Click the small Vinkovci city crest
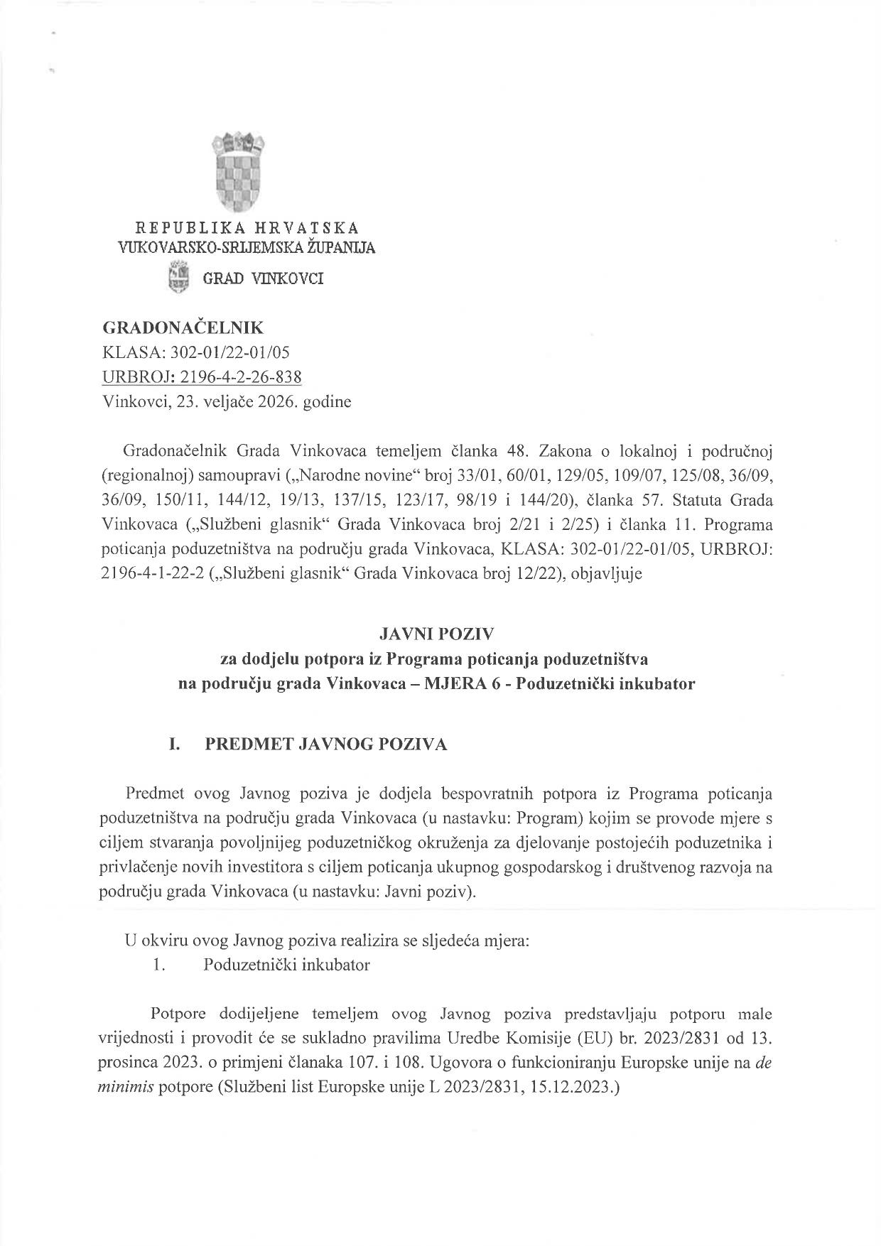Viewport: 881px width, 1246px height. (x=180, y=277)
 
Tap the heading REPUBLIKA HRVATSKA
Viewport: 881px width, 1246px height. (x=247, y=228)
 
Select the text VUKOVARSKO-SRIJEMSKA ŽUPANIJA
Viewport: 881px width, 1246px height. (x=247, y=248)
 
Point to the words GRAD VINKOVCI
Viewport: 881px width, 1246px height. (x=263, y=278)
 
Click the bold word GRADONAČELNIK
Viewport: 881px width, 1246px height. (x=183, y=327)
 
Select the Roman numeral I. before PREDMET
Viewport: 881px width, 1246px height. (x=173, y=744)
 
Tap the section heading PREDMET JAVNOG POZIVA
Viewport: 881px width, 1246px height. (x=326, y=744)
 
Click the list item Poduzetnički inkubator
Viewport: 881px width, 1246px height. (x=286, y=965)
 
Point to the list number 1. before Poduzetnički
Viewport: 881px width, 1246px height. (x=159, y=965)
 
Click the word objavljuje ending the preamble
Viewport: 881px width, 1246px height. (x=606, y=573)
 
